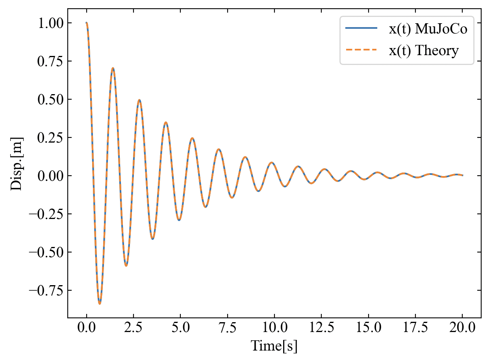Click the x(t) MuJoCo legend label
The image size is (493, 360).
coord(428,29)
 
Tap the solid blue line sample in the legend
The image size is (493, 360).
coord(361,28)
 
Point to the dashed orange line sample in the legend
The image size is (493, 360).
coord(361,50)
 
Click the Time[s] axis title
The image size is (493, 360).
coord(274,346)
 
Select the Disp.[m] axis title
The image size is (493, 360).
coord(17,163)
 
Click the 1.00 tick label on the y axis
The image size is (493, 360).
coord(50,23)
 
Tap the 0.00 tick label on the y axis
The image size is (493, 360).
coord(50,176)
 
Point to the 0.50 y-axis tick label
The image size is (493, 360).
coord(50,99)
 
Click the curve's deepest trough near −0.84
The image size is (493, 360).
coord(100,304)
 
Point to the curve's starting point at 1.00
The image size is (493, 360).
coord(87,23)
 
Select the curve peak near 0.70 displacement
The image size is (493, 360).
coord(113,68)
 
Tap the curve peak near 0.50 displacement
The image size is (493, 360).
coord(139,100)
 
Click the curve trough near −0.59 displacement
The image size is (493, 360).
coord(126,265)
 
